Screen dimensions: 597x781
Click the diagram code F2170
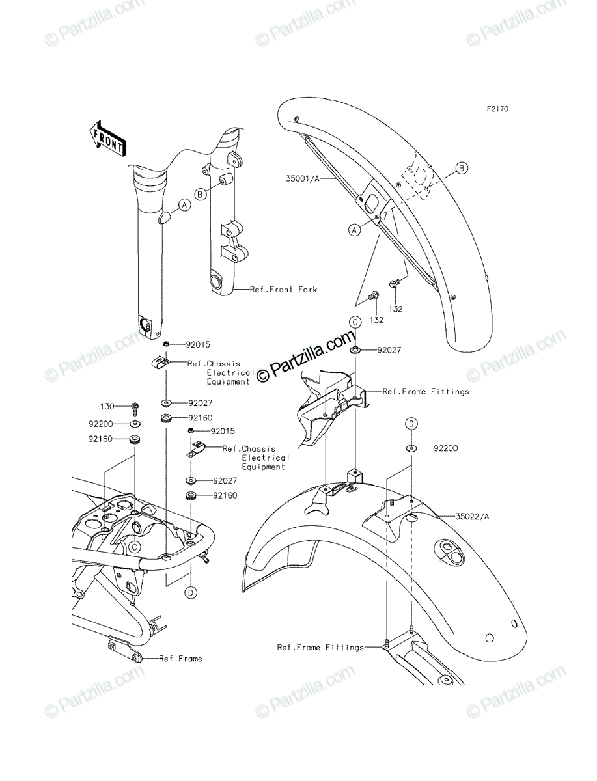pyautogui.click(x=497, y=109)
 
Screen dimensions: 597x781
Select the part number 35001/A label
pyautogui.click(x=303, y=178)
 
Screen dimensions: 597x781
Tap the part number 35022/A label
pyautogui.click(x=472, y=516)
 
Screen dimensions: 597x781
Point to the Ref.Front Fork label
pyautogui.click(x=283, y=289)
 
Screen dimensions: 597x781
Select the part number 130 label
pyautogui.click(x=107, y=406)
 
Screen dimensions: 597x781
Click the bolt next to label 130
pyautogui.click(x=135, y=409)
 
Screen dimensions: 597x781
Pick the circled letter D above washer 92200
pyautogui.click(x=411, y=424)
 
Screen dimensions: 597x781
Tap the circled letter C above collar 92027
pyautogui.click(x=355, y=322)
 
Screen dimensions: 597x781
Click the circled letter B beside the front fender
pyautogui.click(x=462, y=168)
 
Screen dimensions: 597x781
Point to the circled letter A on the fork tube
pyautogui.click(x=184, y=205)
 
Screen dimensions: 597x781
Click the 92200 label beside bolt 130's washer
pyautogui.click(x=101, y=424)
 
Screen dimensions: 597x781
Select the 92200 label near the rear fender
pyautogui.click(x=445, y=448)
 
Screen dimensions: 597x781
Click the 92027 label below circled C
pyautogui.click(x=389, y=350)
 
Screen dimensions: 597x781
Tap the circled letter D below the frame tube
pyautogui.click(x=191, y=592)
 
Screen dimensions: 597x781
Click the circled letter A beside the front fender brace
pyautogui.click(x=354, y=230)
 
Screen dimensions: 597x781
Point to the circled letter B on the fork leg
pyautogui.click(x=201, y=194)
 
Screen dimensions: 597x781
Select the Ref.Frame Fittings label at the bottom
pyautogui.click(x=320, y=647)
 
